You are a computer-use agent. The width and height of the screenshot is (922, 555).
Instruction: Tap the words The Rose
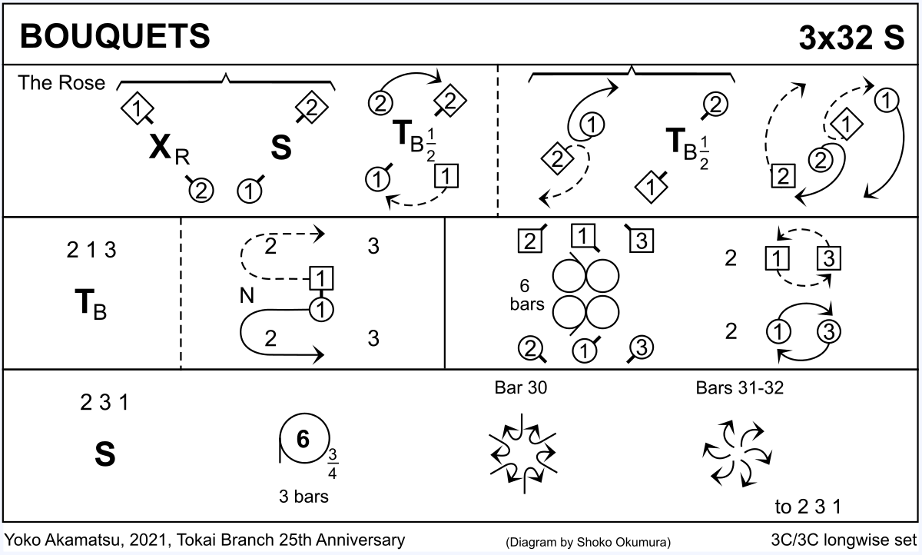tap(61, 83)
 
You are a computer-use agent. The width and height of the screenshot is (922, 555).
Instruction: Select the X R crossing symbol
tap(166, 149)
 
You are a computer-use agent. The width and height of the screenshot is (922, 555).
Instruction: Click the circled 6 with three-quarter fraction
tap(303, 440)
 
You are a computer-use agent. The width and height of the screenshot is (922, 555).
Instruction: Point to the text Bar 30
tap(521, 388)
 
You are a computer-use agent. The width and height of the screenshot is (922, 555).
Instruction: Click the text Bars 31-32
tap(739, 388)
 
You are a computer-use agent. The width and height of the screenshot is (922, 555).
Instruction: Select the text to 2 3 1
tap(808, 507)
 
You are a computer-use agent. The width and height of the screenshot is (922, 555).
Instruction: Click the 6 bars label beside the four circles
tap(526, 294)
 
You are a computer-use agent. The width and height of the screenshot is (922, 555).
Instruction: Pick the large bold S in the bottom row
tap(105, 455)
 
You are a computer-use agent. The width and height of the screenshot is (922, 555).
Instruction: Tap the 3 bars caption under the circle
tap(303, 497)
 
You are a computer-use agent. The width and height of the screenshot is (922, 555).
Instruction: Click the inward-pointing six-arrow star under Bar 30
tap(522, 454)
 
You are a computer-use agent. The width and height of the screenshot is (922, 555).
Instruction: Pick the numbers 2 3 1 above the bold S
tap(105, 402)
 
